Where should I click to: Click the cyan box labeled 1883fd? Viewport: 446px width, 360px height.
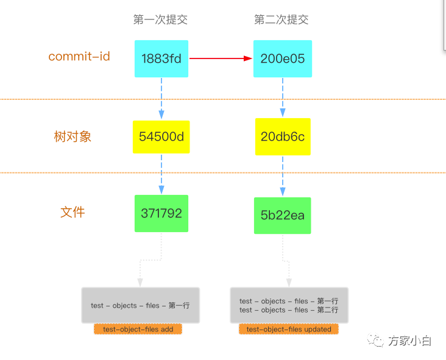pos(161,59)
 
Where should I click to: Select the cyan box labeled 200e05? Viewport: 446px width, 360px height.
pos(283,59)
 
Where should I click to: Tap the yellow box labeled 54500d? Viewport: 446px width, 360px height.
pos(161,136)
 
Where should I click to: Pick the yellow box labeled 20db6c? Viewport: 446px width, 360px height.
pos(283,136)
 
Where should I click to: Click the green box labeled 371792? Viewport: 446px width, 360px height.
pos(161,213)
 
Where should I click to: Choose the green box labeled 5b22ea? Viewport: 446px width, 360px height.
pos(283,215)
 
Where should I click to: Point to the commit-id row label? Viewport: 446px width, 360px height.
pos(79,57)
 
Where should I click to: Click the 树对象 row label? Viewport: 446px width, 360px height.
pos(73,136)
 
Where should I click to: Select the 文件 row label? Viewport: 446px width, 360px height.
pos(73,212)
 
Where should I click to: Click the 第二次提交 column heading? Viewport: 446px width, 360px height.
pos(281,19)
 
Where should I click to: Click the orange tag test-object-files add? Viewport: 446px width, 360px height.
pos(138,329)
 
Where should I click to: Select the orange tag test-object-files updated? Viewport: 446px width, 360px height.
pos(289,329)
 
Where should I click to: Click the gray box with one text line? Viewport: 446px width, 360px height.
pos(141,305)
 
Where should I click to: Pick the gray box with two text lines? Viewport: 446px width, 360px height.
pos(289,305)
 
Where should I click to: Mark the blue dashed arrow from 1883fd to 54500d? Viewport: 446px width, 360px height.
pos(161,97)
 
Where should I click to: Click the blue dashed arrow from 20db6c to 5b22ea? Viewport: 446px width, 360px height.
pos(283,175)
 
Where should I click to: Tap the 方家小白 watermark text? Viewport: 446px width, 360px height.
pos(409,341)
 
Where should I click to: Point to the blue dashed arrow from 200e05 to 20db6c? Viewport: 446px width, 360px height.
pos(283,97)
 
